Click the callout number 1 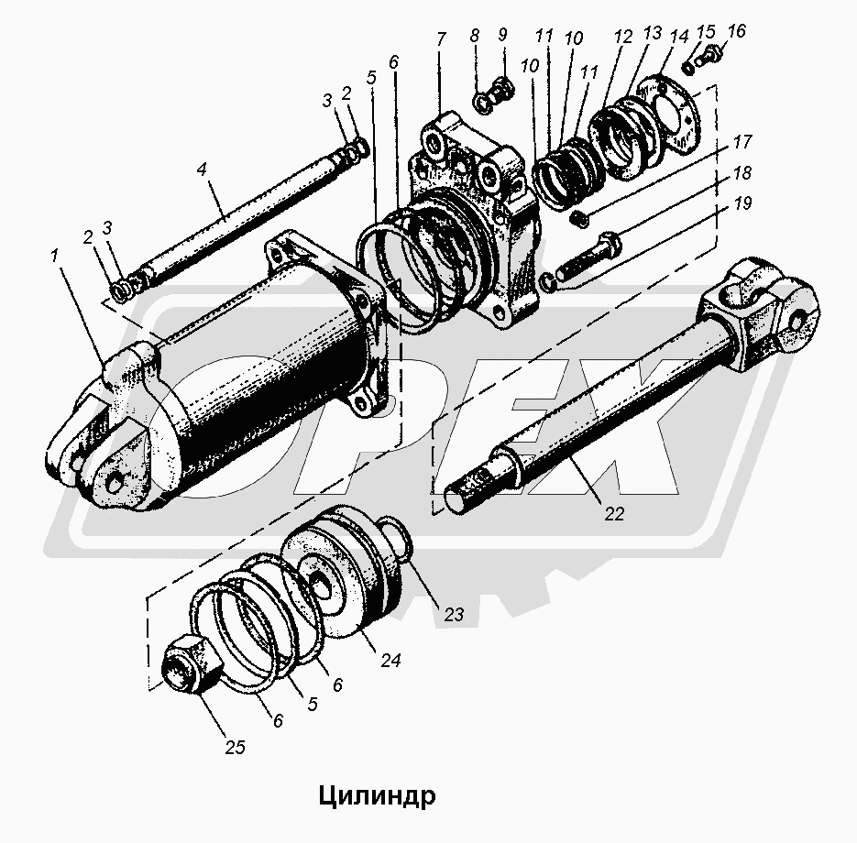[56, 257]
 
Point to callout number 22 [613, 514]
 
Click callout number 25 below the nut [236, 748]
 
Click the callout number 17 [742, 143]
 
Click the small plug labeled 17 [578, 217]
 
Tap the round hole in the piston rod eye [799, 318]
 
